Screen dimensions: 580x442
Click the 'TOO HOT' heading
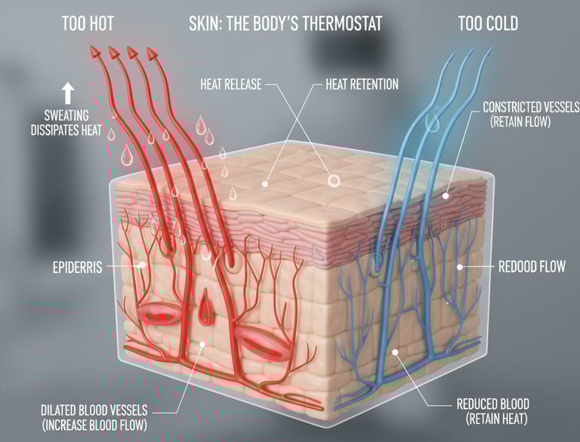88,23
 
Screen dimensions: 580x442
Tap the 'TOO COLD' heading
488,23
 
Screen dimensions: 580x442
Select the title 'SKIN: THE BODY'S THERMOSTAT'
285,23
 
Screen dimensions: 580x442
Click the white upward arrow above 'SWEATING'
67,93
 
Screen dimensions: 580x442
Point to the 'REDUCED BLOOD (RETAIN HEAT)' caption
492,410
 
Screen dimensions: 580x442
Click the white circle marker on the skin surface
332,180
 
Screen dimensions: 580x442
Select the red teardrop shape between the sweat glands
209,312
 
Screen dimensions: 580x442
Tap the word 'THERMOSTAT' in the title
336,23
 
